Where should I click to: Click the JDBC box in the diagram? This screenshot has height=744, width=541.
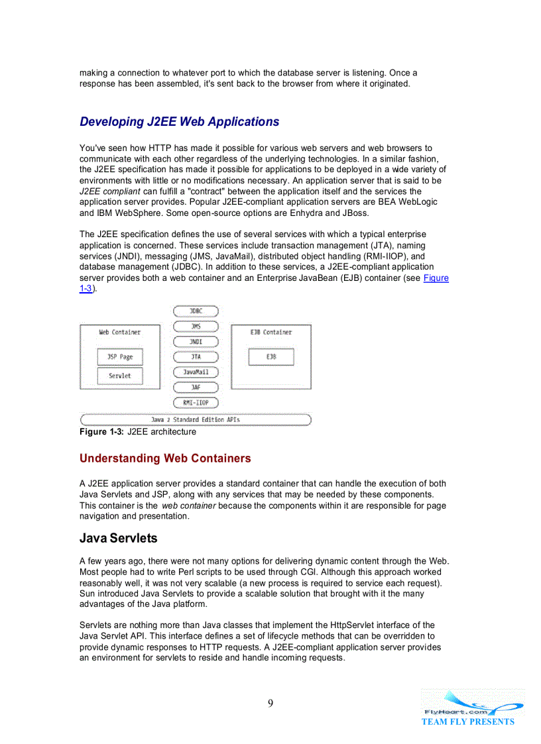coord(196,311)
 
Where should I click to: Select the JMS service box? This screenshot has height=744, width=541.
coord(196,326)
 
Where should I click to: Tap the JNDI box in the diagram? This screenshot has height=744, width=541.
coord(196,342)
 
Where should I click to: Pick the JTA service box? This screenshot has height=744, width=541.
coord(196,356)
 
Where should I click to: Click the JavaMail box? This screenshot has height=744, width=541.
coord(196,372)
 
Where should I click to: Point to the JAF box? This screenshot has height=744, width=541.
coord(196,387)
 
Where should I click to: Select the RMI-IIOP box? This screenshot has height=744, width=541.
coord(196,402)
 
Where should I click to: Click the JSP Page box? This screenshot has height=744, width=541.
coord(120,357)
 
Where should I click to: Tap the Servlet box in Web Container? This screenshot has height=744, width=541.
coord(120,376)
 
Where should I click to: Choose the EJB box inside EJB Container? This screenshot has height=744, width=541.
coord(270,357)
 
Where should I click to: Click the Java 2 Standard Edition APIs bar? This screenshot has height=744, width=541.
coord(196,419)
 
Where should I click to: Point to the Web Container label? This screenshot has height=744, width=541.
coord(120,332)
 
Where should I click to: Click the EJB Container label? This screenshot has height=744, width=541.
coord(270,332)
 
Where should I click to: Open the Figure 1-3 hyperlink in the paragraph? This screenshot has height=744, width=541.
coord(436,278)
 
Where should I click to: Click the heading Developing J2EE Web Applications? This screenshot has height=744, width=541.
coord(179,122)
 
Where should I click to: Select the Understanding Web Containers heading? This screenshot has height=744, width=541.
coord(165,458)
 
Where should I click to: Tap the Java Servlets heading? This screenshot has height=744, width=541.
coord(118,538)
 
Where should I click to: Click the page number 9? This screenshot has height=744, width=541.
coord(270,704)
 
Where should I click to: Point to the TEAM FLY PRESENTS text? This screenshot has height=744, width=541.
coord(467,721)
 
